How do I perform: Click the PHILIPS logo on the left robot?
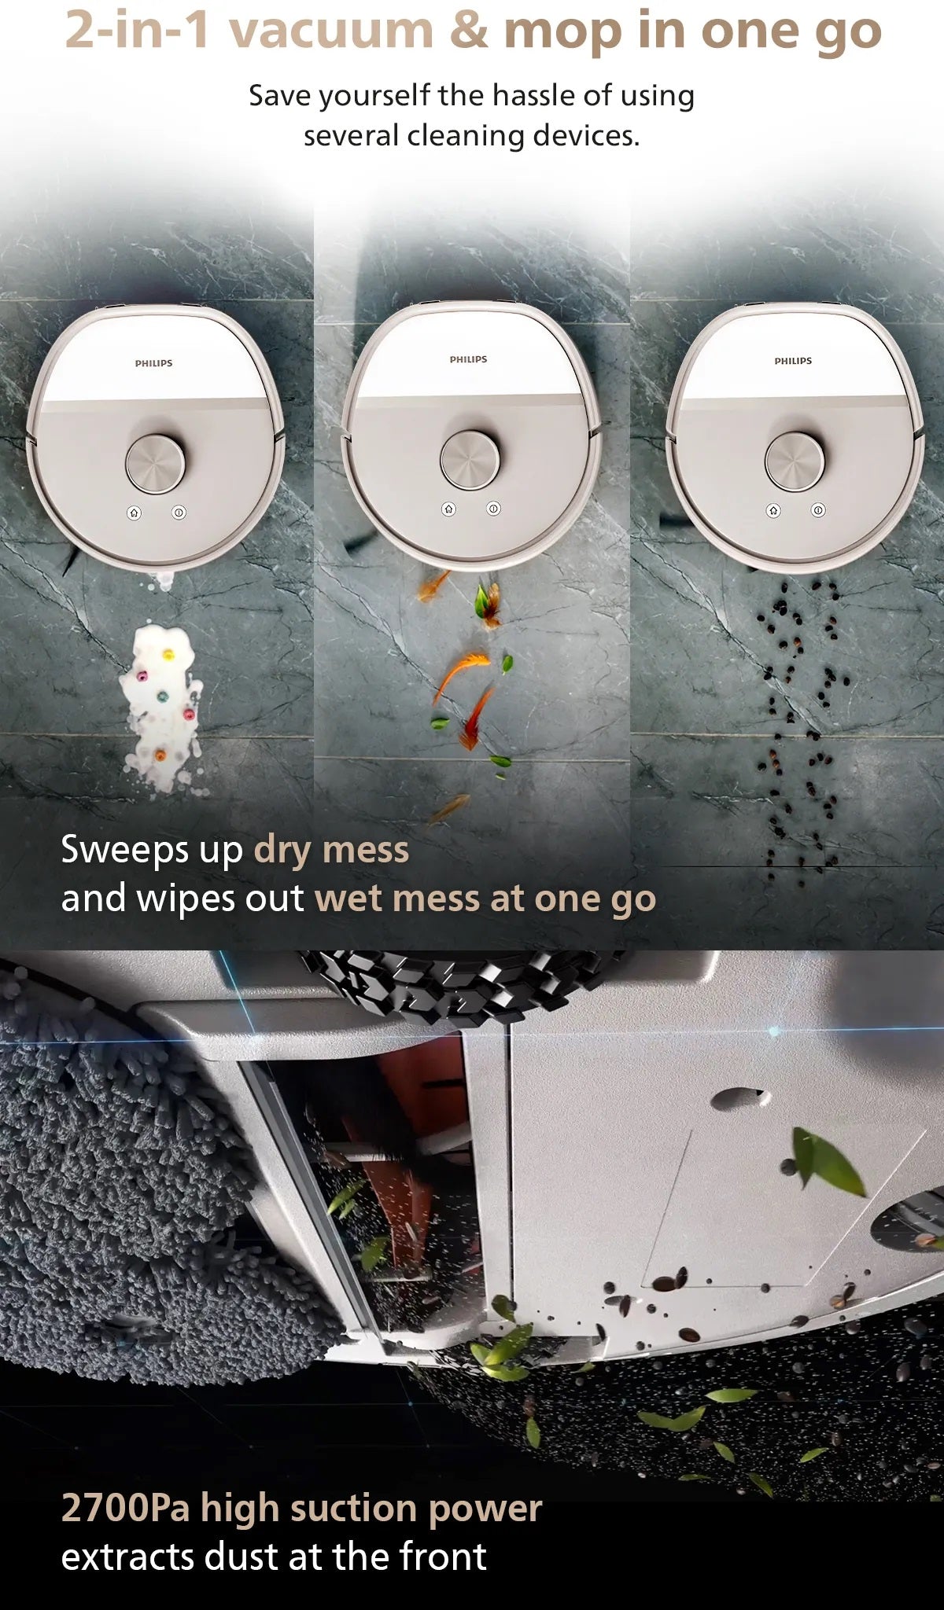coord(153,363)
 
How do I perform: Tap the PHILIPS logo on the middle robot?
coord(468,359)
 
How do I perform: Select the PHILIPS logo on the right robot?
coord(793,361)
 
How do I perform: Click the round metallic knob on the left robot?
coord(156,464)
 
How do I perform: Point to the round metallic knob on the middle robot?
coord(470,460)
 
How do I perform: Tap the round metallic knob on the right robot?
coord(795,461)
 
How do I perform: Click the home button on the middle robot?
coord(448,509)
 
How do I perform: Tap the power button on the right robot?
coord(818,510)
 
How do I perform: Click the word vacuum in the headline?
coord(331,31)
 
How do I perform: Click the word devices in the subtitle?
coord(586,135)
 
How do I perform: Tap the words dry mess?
coord(331,850)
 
